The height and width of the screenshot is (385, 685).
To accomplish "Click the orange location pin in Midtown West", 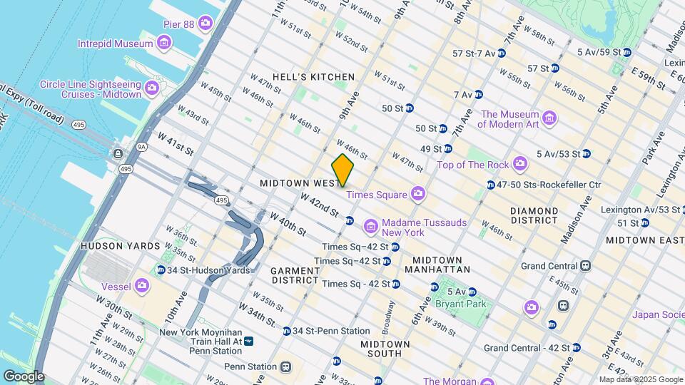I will (x=343, y=170).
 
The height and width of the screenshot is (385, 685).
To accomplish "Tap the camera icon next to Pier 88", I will (x=205, y=24).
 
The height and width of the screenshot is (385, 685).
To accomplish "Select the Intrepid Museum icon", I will (x=165, y=43).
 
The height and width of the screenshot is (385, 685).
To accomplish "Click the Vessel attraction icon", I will (x=142, y=285).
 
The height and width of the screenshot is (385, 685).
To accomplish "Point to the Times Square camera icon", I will (x=418, y=194).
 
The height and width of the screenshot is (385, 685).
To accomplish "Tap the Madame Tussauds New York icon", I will (x=370, y=227).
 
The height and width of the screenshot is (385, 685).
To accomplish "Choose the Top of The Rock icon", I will (x=520, y=165).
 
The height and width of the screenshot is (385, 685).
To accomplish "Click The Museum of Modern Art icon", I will (x=549, y=118).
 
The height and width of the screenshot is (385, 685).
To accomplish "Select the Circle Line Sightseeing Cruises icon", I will (x=151, y=89).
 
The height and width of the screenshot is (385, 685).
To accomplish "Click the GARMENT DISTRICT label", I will (x=295, y=275).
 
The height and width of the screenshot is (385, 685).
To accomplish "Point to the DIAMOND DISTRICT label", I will (x=534, y=216).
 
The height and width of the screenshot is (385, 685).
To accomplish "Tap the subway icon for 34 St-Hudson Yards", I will (x=161, y=270).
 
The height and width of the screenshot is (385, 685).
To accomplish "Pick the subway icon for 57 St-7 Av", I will (x=502, y=53).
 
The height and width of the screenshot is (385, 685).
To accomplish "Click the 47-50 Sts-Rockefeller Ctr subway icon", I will (x=491, y=185).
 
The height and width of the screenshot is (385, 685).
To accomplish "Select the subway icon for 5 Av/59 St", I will (x=626, y=52).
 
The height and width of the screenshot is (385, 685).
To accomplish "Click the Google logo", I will (x=23, y=376).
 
